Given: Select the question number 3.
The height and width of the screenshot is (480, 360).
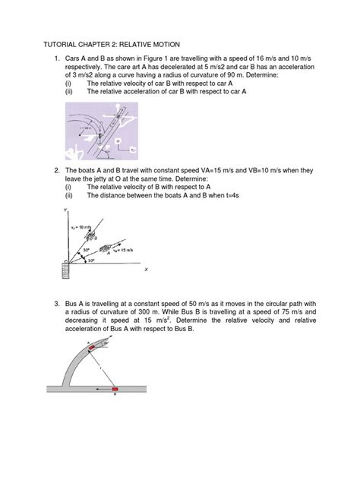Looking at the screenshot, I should coord(56,305).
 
